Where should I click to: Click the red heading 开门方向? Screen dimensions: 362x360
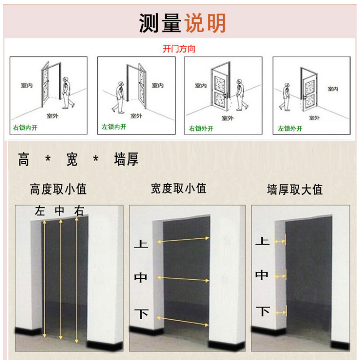point(179,49)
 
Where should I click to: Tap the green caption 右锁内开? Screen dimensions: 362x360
point(25,128)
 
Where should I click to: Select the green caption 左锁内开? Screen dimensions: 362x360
point(114,127)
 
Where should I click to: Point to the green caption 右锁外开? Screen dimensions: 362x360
point(201,129)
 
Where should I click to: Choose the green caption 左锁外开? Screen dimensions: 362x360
point(290,129)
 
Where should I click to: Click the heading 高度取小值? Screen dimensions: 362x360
point(58,189)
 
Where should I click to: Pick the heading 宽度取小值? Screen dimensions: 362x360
point(178,189)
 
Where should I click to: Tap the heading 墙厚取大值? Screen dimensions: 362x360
point(295,190)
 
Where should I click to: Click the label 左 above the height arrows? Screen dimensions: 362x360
point(40,211)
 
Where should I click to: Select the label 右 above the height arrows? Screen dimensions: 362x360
point(79,211)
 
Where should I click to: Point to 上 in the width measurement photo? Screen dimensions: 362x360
point(141,244)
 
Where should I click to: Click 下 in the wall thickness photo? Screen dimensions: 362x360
point(263,311)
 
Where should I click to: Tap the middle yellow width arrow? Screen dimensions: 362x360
point(183,279)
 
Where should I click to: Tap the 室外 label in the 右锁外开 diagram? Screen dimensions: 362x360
point(228,118)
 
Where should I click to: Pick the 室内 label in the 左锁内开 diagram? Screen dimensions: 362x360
point(158,86)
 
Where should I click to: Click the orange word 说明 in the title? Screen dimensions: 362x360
point(205,23)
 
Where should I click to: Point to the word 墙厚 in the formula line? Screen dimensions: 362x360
point(126,159)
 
